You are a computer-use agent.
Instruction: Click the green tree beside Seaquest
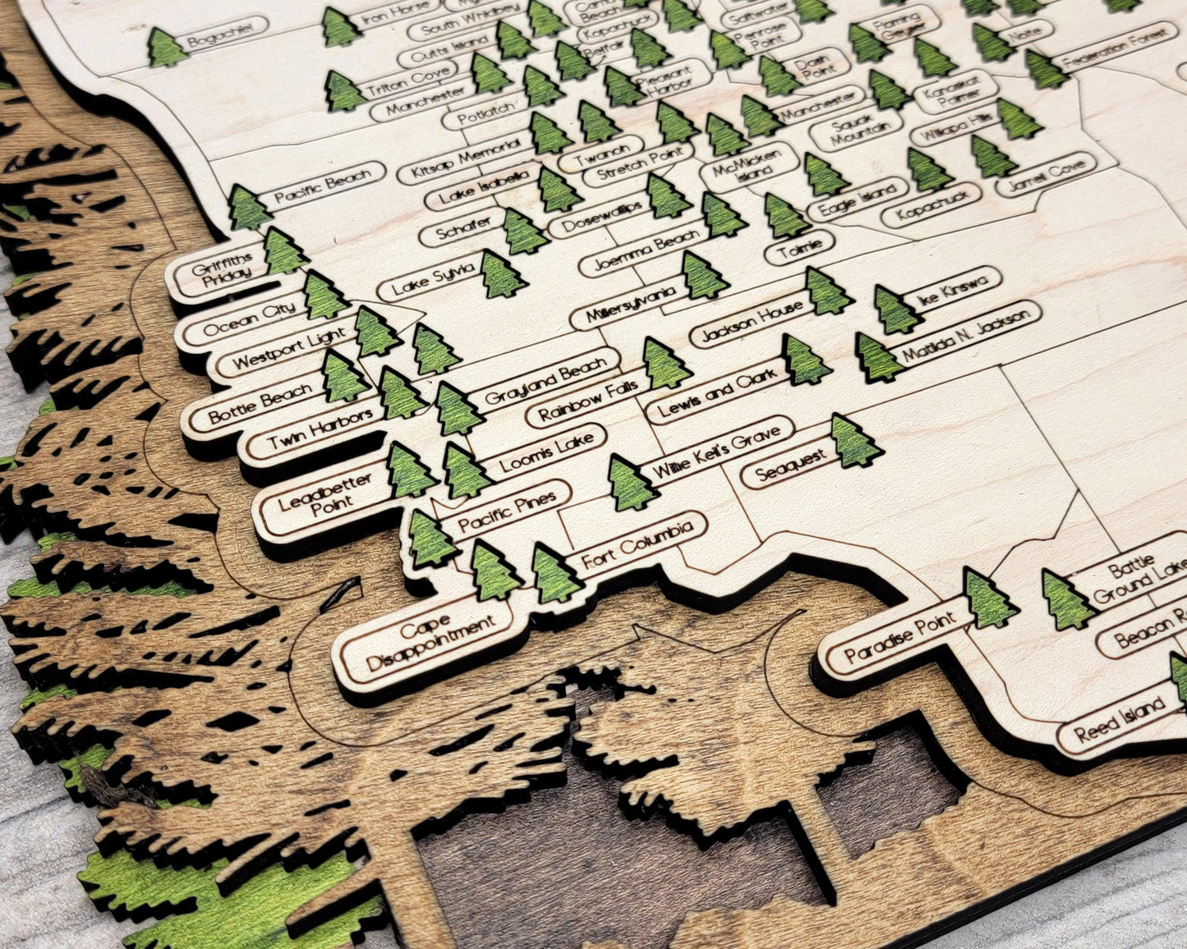[x=853, y=442]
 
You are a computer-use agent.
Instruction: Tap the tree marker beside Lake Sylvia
[x=501, y=274]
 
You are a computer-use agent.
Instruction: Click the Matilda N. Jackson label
[x=964, y=333]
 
